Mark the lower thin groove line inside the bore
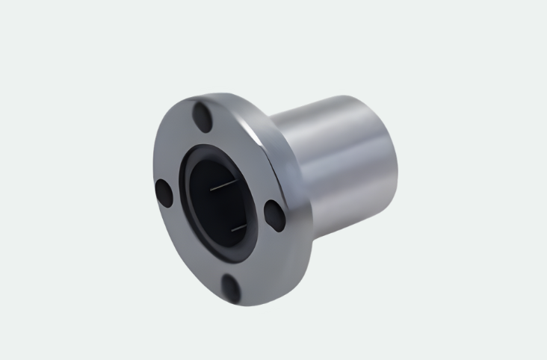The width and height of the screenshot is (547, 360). [x=237, y=226]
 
